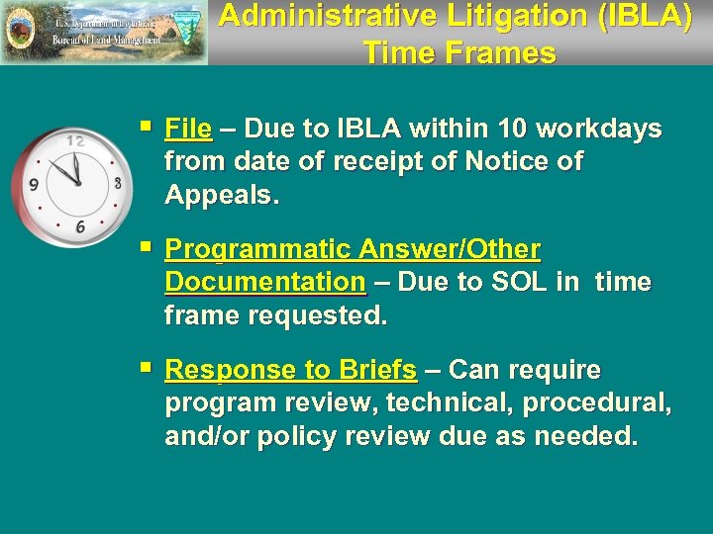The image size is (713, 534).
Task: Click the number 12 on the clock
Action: [x=74, y=141]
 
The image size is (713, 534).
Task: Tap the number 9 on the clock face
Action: [x=34, y=184]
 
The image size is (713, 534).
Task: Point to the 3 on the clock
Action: [x=117, y=183]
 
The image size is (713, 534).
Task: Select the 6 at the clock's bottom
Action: [x=79, y=226]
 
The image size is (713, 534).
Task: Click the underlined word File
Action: [x=188, y=130]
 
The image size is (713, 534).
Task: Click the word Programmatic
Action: [x=262, y=248]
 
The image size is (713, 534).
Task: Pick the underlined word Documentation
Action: [x=265, y=282]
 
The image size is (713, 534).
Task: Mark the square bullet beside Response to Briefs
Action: [x=147, y=369]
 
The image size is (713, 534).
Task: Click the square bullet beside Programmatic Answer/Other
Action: [x=147, y=247]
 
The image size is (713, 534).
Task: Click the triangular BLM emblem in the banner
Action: [x=187, y=32]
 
